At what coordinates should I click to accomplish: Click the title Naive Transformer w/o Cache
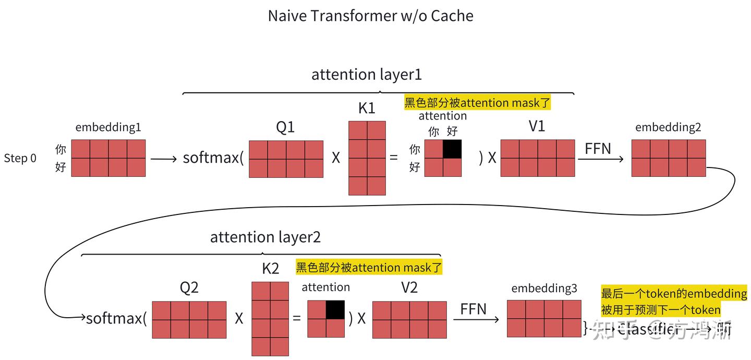[x=370, y=16]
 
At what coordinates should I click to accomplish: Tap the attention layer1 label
[x=366, y=75]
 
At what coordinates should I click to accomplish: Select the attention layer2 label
[x=265, y=237]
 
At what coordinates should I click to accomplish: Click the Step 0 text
[x=20, y=158]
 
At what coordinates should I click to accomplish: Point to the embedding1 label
[x=108, y=127]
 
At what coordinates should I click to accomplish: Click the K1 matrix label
[x=367, y=109]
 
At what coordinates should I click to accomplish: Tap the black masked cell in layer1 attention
[x=452, y=149]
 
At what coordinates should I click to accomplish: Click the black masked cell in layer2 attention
[x=335, y=309]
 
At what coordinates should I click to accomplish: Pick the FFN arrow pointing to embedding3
[x=476, y=319]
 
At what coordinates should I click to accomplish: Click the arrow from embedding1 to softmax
[x=164, y=159]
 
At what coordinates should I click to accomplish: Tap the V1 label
[x=537, y=126]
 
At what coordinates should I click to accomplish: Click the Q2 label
[x=189, y=287]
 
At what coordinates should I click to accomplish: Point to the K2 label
[x=270, y=269]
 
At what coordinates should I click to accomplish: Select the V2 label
[x=409, y=287]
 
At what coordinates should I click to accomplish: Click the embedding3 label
[x=544, y=288]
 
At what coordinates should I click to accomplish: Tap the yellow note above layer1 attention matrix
[x=477, y=103]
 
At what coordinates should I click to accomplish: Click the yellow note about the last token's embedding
[x=673, y=301]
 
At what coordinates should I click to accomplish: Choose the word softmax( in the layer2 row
[x=116, y=318]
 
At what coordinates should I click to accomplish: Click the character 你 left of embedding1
[x=60, y=150]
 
